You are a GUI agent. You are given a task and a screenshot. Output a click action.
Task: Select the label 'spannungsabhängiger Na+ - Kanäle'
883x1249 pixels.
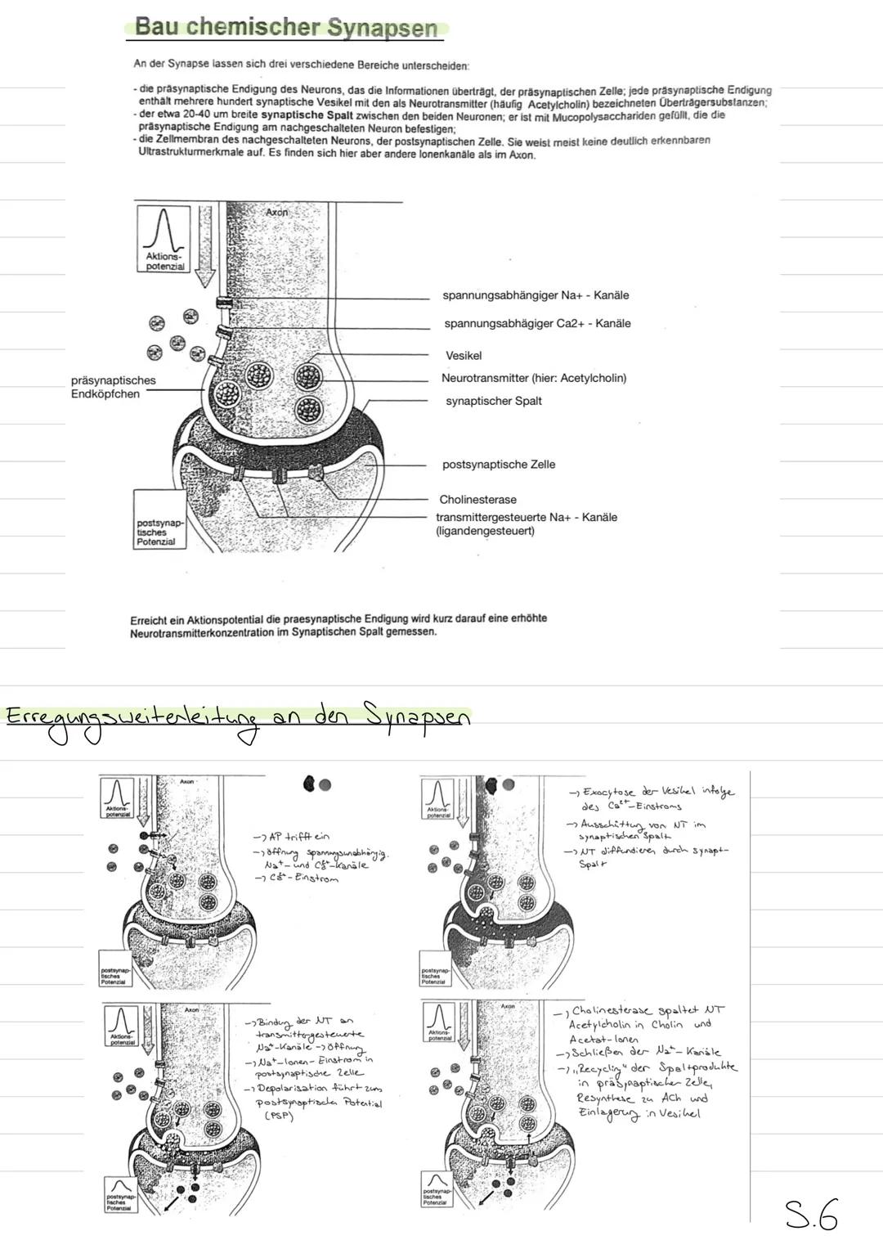click(536, 295)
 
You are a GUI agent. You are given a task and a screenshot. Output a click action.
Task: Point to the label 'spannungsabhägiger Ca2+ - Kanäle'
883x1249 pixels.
click(537, 324)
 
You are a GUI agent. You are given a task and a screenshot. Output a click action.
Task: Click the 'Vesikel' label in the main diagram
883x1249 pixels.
click(464, 356)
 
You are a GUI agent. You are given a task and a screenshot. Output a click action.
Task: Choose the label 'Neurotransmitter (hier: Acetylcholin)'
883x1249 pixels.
click(533, 378)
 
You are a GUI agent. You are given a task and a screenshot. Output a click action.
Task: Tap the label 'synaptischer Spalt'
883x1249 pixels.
click(493, 401)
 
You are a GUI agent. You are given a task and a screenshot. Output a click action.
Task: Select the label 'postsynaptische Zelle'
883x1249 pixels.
click(498, 465)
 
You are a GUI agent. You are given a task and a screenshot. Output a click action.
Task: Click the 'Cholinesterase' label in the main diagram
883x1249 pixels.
click(477, 500)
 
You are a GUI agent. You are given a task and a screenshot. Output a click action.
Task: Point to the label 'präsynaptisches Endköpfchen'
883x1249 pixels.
click(113, 387)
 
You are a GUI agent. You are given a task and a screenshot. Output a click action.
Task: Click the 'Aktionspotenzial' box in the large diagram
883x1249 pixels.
click(164, 238)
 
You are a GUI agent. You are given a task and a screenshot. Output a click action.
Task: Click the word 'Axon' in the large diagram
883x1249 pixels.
click(277, 212)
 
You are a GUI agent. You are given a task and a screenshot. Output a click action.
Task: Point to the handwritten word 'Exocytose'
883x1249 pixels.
click(609, 793)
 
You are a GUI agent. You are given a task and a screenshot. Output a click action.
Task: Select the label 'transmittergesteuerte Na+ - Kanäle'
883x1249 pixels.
click(526, 518)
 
